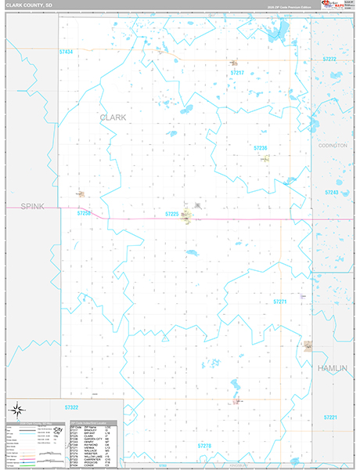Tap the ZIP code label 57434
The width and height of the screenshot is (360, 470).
(65, 52)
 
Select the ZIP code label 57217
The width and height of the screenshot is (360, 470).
(237, 72)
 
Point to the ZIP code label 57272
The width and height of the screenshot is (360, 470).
(329, 59)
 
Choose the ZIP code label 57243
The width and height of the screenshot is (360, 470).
(331, 192)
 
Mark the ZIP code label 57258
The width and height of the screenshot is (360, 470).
(84, 212)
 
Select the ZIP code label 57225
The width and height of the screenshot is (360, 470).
(172, 214)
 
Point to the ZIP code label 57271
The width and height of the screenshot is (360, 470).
(280, 302)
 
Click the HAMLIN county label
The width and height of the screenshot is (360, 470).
(329, 367)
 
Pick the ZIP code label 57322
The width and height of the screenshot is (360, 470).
(72, 407)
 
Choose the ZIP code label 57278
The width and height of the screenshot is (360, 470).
(205, 446)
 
